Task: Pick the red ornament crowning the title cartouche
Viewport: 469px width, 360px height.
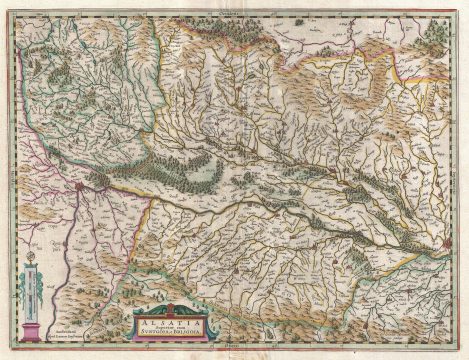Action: [171, 300]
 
